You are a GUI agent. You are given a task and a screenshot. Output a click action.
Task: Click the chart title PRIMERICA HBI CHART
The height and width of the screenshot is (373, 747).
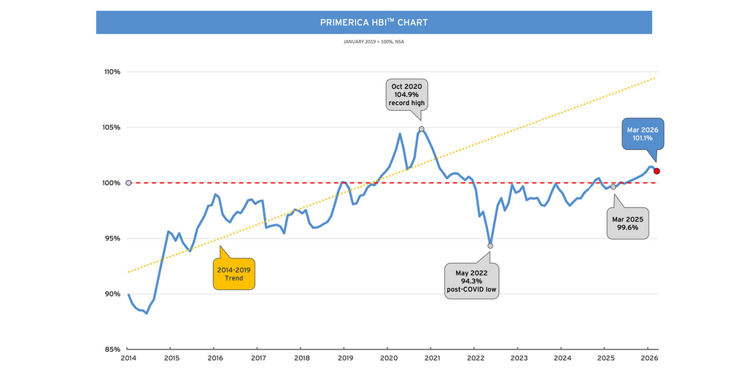pos(373,23)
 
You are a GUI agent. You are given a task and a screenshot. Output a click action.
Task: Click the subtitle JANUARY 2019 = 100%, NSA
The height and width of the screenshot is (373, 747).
pos(373,42)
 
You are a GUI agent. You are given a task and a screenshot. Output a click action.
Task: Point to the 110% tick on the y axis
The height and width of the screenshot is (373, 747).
pos(112,72)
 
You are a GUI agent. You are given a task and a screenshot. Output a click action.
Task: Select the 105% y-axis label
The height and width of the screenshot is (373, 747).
pos(112,127)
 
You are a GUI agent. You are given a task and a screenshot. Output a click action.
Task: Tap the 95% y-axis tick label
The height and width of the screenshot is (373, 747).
pos(113,238)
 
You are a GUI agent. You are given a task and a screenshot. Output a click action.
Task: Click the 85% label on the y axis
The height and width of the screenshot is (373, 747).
pos(113,349)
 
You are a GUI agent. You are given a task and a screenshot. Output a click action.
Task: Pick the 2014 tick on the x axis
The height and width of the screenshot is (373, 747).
pos(128,358)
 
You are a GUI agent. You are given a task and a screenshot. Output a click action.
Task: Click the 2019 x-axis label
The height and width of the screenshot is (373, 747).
pos(345,358)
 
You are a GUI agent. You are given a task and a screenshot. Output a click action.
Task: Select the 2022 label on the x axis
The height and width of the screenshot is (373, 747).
pos(476,358)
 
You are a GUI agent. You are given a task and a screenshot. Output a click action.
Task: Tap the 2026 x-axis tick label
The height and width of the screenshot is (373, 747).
pos(649,358)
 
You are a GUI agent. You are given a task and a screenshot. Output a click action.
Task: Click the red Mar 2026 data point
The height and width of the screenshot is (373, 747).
pos(657,171)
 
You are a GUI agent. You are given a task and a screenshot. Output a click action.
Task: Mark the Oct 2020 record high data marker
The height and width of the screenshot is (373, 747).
pos(422,129)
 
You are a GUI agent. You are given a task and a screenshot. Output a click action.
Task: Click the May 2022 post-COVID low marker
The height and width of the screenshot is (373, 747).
pos(490,246)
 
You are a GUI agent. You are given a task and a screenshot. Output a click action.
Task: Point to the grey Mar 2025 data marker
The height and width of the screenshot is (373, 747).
pos(613,187)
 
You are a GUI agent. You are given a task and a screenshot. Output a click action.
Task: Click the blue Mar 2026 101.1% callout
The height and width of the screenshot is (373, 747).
pos(642,134)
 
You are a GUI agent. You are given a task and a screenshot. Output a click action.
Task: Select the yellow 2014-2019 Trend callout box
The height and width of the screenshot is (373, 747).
pos(234,273)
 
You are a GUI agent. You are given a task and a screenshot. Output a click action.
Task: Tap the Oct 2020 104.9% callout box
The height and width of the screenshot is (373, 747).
pos(406,95)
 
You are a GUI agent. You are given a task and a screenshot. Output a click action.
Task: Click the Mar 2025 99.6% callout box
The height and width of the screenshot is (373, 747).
pos(628,223)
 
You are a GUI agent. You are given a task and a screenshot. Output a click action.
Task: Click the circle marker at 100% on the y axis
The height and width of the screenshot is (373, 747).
pos(128,183)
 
